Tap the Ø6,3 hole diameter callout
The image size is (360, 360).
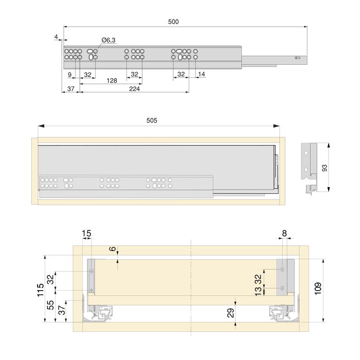tap(109, 40)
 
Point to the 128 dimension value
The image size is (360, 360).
tap(112, 81)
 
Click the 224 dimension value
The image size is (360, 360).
tap(134, 89)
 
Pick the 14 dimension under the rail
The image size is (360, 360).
tap(201, 75)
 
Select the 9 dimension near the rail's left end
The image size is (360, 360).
tap(69, 75)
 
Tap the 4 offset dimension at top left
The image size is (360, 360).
tap(55, 36)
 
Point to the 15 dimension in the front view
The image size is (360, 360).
tap(86, 233)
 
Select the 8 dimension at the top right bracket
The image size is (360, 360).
tap(285, 233)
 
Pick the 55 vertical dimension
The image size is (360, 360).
tap(50, 304)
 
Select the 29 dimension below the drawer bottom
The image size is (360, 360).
tap(230, 312)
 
